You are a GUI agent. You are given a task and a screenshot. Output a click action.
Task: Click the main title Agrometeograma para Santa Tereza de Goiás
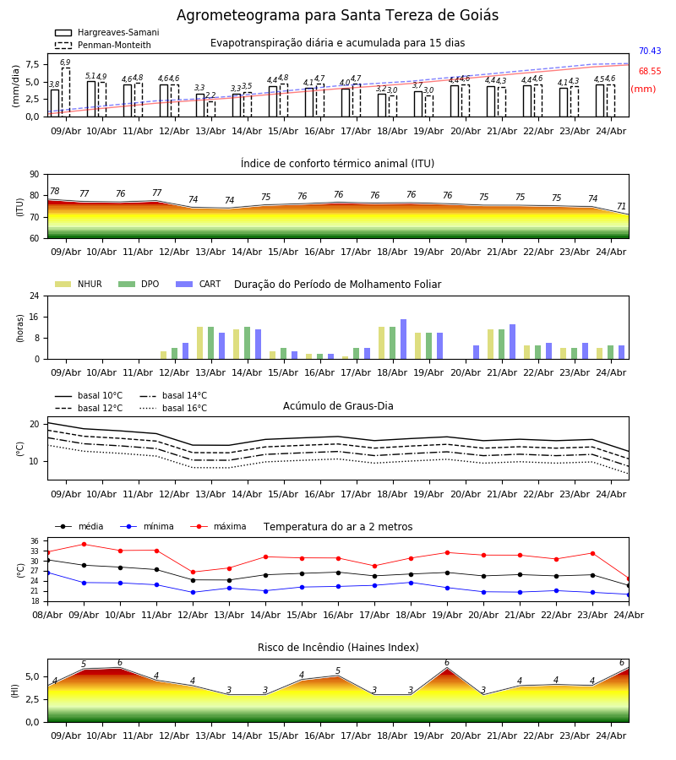click(337, 15)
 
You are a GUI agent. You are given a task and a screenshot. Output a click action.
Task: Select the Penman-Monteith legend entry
click(103, 45)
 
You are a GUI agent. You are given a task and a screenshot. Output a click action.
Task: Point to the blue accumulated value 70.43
click(650, 51)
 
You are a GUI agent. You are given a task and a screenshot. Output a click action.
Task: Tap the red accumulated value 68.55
click(650, 71)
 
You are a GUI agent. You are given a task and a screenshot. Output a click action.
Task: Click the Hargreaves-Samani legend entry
click(106, 32)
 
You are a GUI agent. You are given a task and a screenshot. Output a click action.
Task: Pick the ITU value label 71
click(621, 207)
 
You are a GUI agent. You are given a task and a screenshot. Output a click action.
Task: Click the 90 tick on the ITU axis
click(35, 175)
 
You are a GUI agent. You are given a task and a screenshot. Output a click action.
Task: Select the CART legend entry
click(199, 284)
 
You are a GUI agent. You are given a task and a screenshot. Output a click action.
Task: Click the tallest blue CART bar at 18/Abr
click(403, 339)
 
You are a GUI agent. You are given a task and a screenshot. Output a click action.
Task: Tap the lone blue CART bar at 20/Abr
click(477, 352)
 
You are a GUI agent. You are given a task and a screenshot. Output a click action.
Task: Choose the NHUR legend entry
click(79, 284)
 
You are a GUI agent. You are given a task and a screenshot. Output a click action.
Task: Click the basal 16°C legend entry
click(173, 408)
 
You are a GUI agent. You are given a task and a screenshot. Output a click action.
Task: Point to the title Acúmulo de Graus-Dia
click(338, 406)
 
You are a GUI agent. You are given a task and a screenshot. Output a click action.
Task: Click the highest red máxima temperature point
click(84, 545)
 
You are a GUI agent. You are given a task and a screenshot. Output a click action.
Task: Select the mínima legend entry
click(147, 526)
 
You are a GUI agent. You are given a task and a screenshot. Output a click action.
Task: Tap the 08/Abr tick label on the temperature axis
click(47, 615)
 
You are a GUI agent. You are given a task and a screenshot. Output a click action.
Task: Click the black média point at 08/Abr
click(47, 561)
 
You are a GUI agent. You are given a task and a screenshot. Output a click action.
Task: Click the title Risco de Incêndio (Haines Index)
click(338, 648)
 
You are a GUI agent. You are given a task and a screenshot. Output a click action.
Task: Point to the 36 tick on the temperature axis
click(35, 541)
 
